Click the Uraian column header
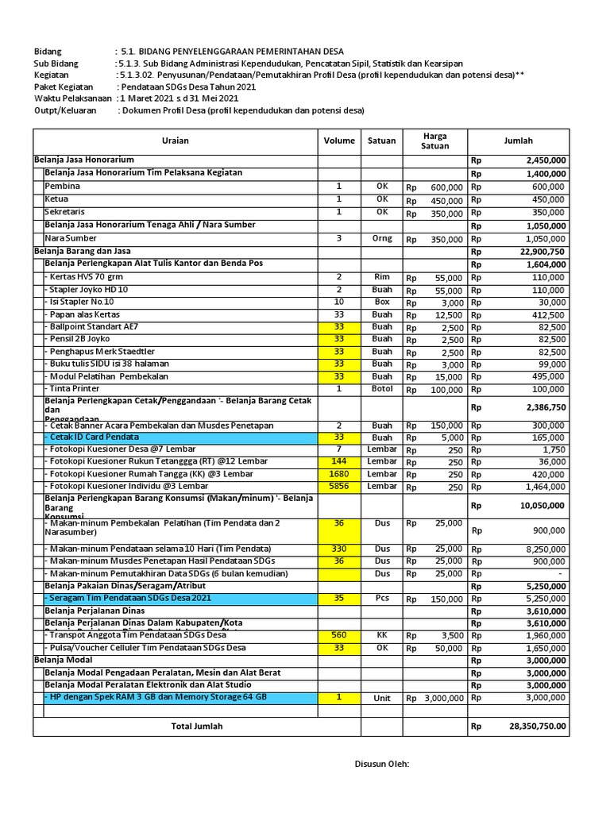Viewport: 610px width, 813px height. [175, 141]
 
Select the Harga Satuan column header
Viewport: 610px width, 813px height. [434, 141]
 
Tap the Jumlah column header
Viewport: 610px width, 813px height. [519, 141]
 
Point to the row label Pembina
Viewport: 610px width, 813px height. [63, 186]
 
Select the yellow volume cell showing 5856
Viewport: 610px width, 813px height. [339, 486]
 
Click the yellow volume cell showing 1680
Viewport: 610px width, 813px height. [339, 474]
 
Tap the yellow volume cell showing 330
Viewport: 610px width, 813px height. [339, 549]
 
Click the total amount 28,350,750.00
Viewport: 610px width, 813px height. [538, 726]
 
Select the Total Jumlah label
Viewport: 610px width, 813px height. [197, 726]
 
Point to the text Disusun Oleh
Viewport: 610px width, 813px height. [381, 764]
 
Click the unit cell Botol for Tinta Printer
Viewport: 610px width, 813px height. [381, 389]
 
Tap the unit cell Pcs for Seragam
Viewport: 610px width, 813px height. [381, 599]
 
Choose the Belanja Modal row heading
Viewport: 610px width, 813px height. [64, 660]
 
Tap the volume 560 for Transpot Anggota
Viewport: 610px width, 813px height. [339, 635]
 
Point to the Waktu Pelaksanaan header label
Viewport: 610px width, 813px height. [72, 98]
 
